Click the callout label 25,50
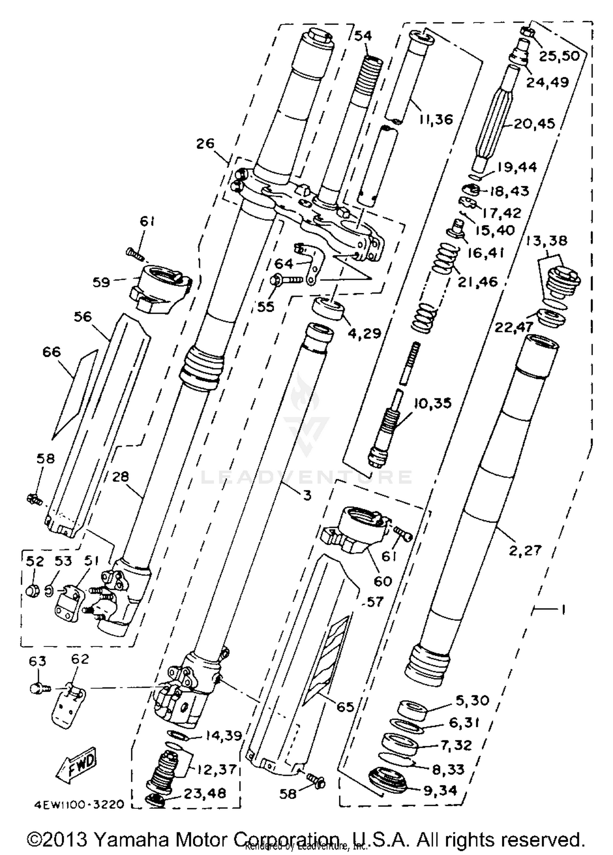559,56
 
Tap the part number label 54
363,36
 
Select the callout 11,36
436,119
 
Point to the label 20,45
534,123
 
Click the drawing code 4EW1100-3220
79,805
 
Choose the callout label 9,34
440,790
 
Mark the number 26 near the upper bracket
205,144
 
